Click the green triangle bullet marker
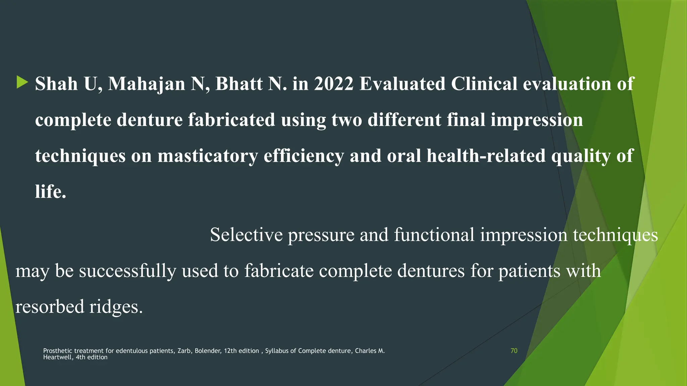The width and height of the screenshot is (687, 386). tap(22, 82)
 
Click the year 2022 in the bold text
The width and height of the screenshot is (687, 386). tap(333, 84)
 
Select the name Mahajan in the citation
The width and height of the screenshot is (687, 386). tap(146, 84)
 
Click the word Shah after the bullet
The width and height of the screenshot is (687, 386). tap(56, 84)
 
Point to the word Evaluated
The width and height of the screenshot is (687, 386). tap(402, 84)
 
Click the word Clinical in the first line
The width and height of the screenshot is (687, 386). tap(484, 84)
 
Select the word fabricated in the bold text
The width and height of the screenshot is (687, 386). tap(231, 120)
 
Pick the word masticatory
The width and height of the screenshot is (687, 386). tap(208, 156)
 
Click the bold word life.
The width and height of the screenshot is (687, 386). tap(50, 192)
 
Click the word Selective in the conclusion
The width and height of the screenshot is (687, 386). tap(246, 235)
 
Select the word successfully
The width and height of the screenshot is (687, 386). tap(127, 271)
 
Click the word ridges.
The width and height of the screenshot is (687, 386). tap(116, 307)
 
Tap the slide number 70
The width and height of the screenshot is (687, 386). tap(514, 351)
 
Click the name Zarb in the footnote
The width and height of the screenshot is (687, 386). tap(184, 351)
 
